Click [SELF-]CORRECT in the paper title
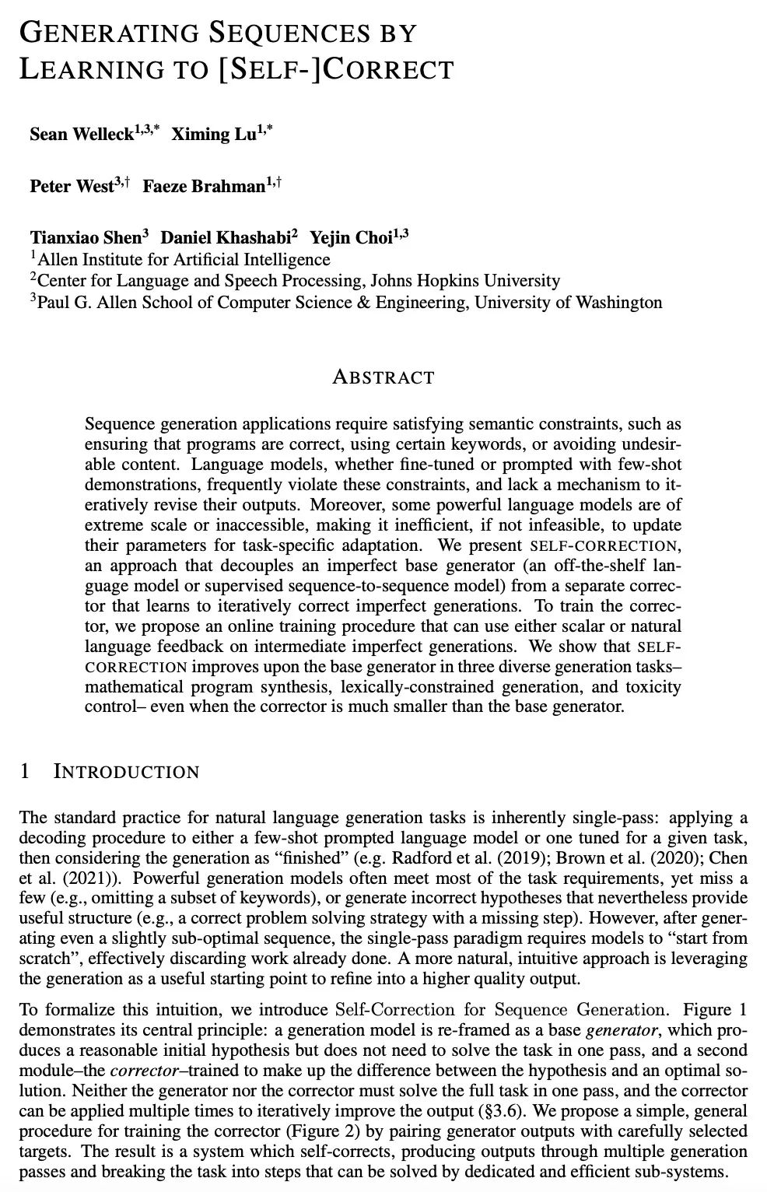336,70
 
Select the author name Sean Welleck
81,134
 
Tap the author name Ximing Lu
212,134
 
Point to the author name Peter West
72,187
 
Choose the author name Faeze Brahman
204,187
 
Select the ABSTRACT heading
383,378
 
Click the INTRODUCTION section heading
126,772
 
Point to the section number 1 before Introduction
25,772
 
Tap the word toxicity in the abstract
653,687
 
